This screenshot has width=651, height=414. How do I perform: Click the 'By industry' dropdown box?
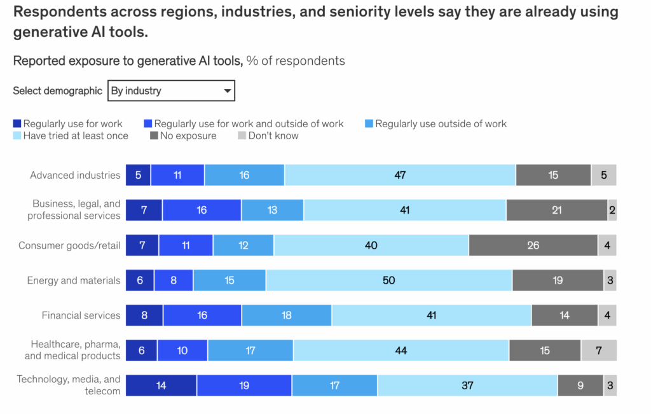click(x=170, y=91)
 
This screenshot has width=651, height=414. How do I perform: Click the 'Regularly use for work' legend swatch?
click(x=18, y=124)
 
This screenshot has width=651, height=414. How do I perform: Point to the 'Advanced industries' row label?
click(x=75, y=175)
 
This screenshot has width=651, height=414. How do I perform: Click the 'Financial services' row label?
click(x=81, y=315)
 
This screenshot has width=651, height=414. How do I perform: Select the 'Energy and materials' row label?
click(x=73, y=280)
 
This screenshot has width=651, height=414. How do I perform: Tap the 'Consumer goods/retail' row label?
click(x=69, y=245)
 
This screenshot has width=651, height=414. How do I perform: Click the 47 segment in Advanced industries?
click(x=400, y=175)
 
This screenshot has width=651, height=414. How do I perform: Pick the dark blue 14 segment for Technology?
click(x=161, y=385)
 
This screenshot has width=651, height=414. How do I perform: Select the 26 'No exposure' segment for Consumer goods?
click(x=533, y=245)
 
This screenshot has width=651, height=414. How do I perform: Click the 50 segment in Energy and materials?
click(x=389, y=280)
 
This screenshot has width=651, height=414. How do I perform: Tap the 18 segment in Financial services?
click(x=286, y=315)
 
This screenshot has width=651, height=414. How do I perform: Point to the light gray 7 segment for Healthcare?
click(x=598, y=350)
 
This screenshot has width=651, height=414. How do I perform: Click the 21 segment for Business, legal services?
click(x=556, y=210)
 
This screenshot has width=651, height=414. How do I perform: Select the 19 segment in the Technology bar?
click(x=244, y=385)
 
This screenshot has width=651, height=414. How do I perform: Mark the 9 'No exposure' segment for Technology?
click(x=580, y=385)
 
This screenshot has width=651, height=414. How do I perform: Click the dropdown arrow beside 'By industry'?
click(x=227, y=91)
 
